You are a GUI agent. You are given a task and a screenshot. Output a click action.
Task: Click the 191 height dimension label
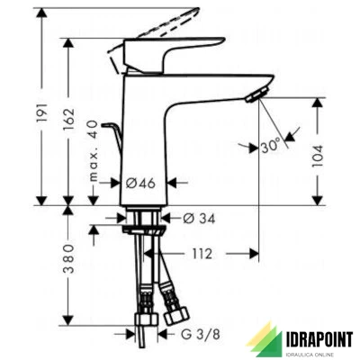(x=42, y=112)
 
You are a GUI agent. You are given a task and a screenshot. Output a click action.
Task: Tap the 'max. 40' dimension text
(x=94, y=151)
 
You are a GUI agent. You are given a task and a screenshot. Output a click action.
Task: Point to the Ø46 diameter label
(x=140, y=183)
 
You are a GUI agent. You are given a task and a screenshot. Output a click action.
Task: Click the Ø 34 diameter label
(x=199, y=219)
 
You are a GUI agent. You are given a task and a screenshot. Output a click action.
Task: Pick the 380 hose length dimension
(x=68, y=258)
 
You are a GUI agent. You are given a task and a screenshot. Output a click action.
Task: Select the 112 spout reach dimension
(x=202, y=254)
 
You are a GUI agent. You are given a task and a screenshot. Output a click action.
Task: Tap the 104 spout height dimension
(x=317, y=156)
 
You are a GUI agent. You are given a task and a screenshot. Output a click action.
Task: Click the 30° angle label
(x=270, y=147)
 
